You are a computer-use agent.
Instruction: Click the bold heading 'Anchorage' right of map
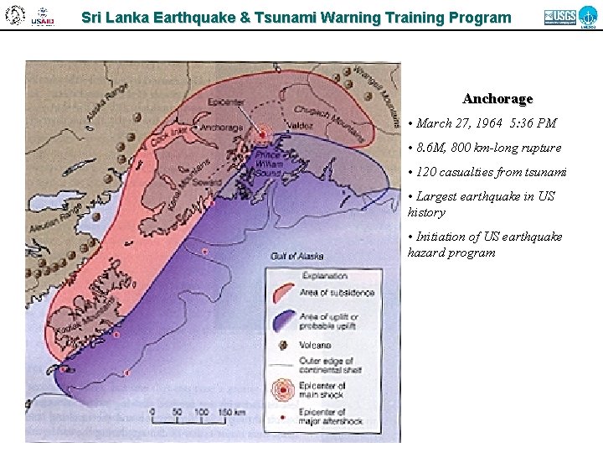(x=498, y=99)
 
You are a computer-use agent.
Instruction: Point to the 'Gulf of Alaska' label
(x=296, y=255)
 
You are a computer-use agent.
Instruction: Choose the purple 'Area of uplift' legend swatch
(x=285, y=319)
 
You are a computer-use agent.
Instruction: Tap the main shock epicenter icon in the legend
(x=285, y=389)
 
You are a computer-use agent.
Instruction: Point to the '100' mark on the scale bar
(x=201, y=412)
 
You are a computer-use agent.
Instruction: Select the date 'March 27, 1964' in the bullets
(x=457, y=123)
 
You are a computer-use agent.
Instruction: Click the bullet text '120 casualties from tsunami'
(x=491, y=172)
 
